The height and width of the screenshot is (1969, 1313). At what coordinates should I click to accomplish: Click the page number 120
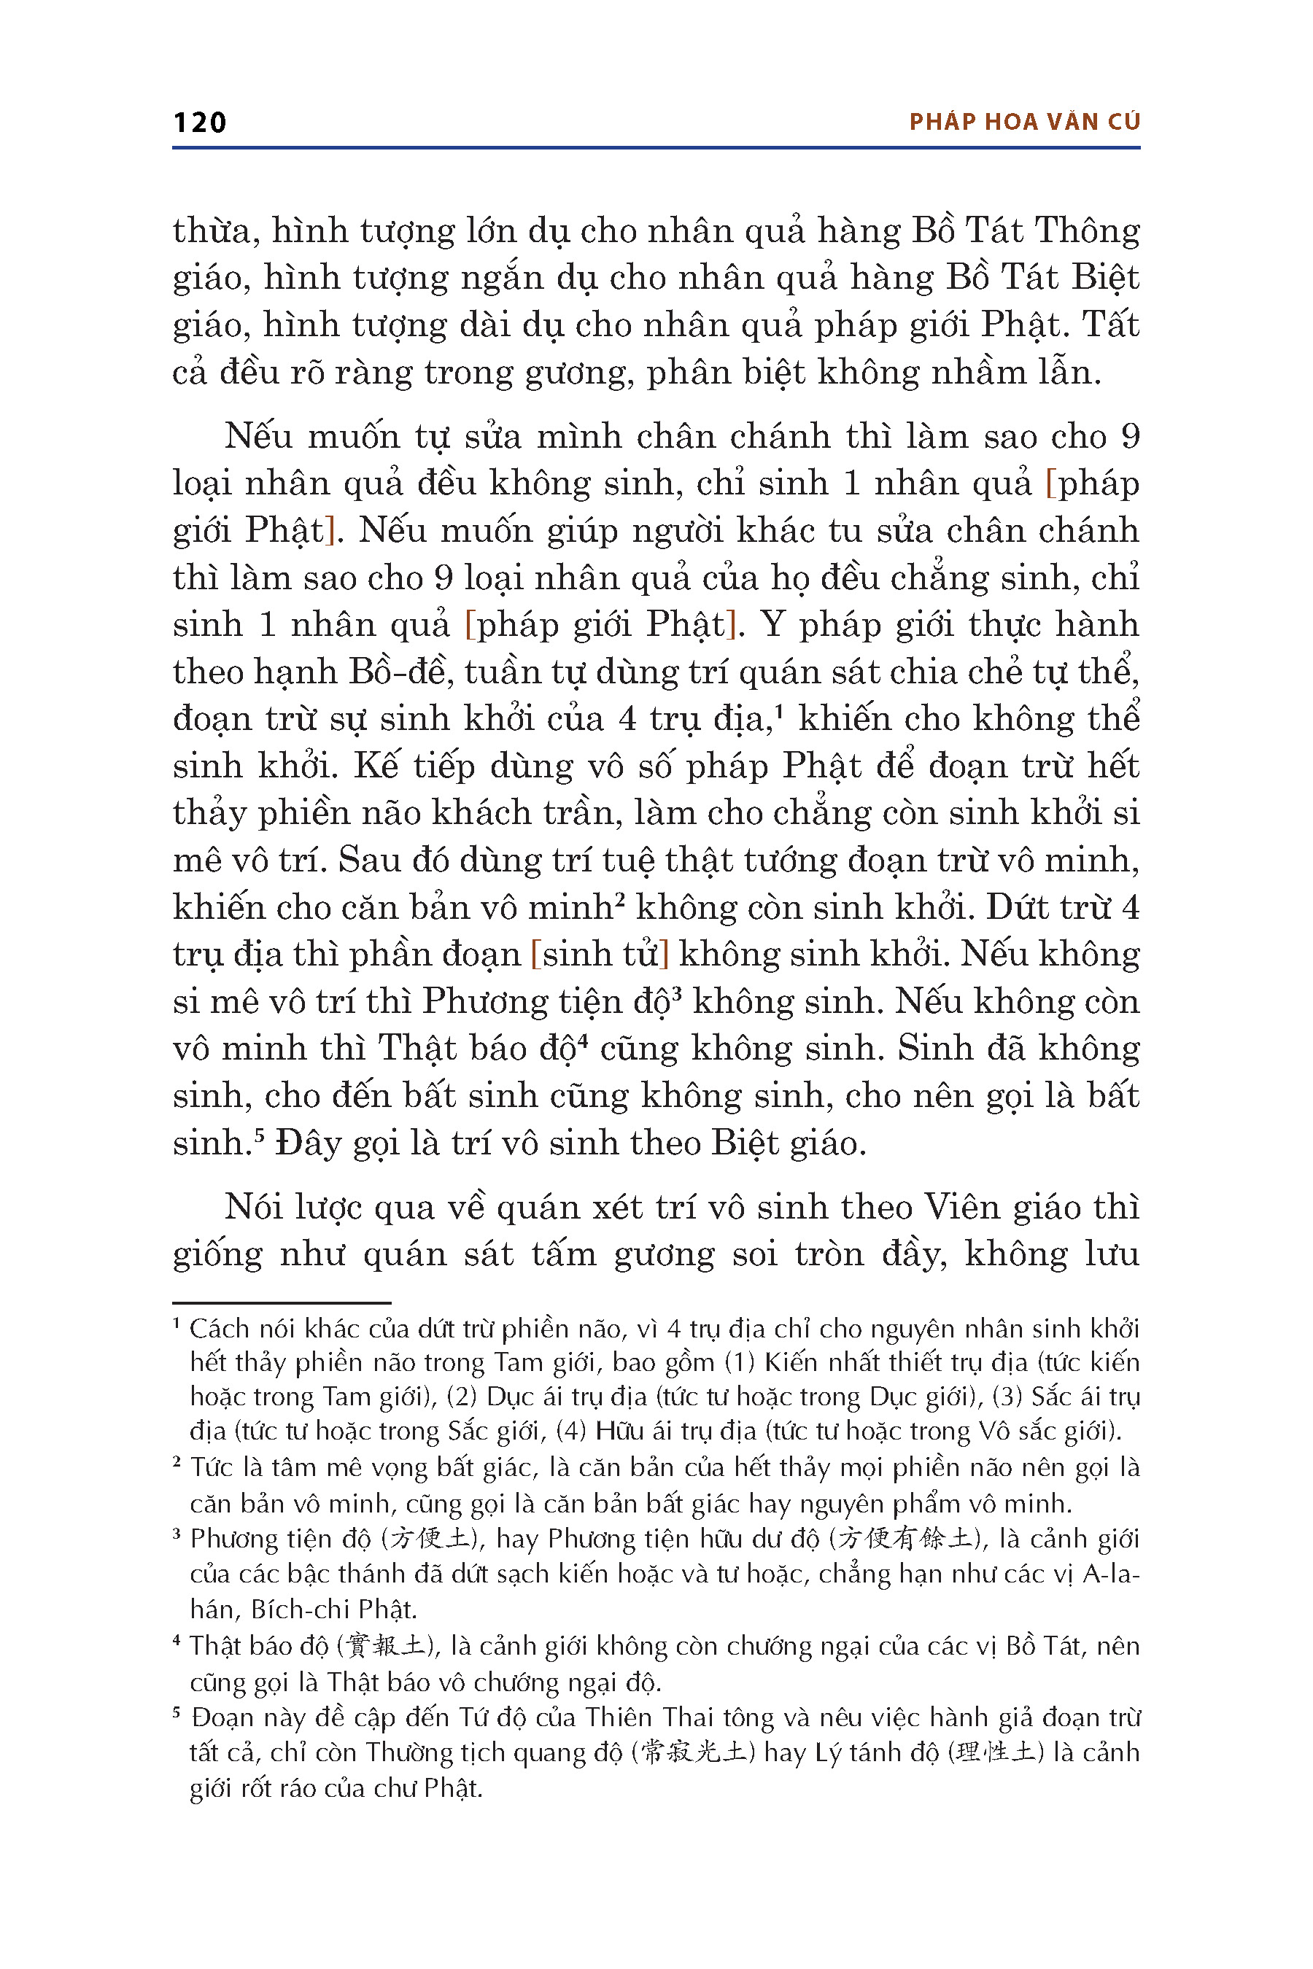coord(199,123)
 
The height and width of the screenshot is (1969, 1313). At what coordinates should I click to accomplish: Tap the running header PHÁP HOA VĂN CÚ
coord(1024,123)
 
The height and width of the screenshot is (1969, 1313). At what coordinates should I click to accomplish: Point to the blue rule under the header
coord(656,148)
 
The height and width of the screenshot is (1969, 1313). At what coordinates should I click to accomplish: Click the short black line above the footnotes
coord(282,1302)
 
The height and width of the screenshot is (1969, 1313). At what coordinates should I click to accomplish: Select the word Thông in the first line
coord(1088,231)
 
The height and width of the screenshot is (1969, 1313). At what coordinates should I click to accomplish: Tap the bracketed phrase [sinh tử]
coord(600,955)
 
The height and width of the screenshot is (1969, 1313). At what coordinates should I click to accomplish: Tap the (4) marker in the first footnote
coord(572,1431)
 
